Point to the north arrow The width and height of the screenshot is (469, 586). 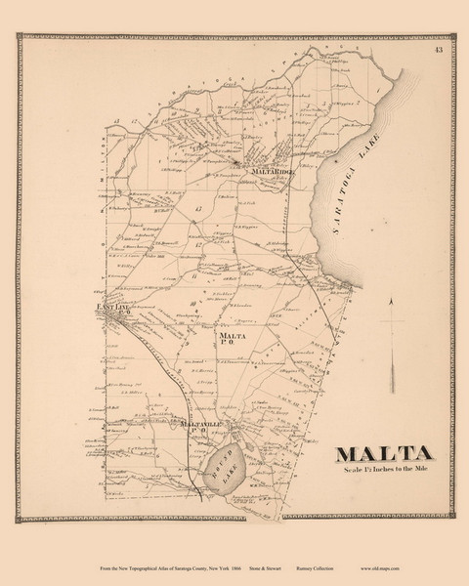(x=391, y=337)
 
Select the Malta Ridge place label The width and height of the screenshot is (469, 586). (x=273, y=172)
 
